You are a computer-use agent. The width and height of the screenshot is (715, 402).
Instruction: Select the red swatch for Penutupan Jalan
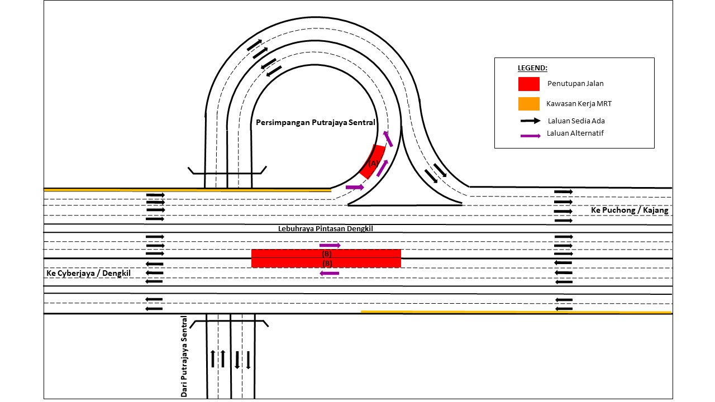tap(529, 84)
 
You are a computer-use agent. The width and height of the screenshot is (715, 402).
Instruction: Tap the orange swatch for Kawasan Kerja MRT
tap(529, 104)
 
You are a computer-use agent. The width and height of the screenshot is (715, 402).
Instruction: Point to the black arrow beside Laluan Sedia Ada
tap(529, 121)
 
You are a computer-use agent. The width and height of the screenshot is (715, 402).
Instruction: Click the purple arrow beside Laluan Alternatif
tap(529, 136)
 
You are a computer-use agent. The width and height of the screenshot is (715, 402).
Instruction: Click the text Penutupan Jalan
tap(575, 84)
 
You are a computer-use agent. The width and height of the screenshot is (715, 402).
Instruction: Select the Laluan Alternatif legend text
tap(575, 133)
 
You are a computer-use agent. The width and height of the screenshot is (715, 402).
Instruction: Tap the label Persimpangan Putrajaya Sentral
tap(316, 122)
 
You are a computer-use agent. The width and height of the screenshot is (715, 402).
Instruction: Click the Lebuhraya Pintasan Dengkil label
tap(325, 228)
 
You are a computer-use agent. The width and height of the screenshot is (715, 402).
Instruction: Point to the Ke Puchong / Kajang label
tap(630, 210)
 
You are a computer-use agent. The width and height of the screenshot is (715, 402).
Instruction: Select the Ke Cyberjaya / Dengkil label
tap(89, 274)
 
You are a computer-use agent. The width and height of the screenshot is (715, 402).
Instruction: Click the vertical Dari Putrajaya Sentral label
tap(184, 357)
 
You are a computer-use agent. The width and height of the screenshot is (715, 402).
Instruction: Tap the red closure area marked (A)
tap(372, 162)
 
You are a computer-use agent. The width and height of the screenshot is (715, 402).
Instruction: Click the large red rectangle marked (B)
tap(326, 258)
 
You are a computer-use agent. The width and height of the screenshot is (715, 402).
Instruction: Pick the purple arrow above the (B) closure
tap(330, 245)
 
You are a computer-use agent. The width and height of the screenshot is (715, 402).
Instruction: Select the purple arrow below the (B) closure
tap(330, 273)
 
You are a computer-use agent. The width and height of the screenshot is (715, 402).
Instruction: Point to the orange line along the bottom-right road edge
tap(516, 312)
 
